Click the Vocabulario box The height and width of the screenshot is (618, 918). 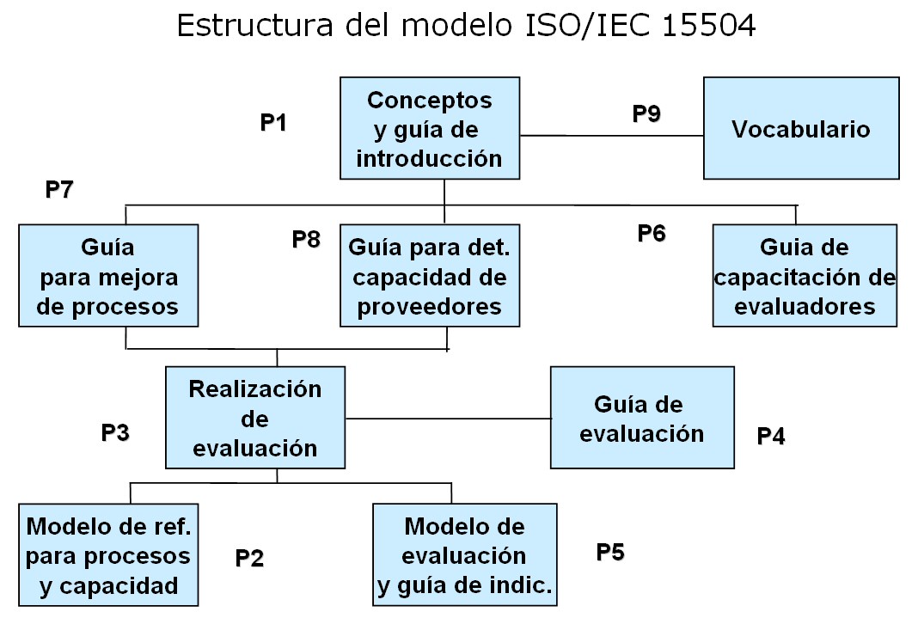coord(801,128)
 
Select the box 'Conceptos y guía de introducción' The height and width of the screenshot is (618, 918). coord(430,128)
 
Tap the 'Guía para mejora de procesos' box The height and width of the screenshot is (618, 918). coord(108,276)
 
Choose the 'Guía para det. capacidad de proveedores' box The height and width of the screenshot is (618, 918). coord(430,276)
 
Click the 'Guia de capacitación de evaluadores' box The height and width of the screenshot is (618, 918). coord(805,276)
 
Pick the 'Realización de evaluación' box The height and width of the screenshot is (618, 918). coord(255,418)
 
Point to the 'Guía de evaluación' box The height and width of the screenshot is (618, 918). coord(642,418)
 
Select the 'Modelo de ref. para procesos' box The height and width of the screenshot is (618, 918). coord(108,554)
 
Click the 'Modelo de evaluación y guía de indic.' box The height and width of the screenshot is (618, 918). coord(465,554)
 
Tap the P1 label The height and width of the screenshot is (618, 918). coord(273,123)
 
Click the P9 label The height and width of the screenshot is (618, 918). coord(646,113)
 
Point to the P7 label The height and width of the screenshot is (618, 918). coord(59,190)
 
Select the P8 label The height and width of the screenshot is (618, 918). coord(306,239)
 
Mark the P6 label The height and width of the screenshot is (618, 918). coord(652,234)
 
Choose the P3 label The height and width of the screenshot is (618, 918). coord(115,432)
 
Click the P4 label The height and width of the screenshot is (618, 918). coord(770,436)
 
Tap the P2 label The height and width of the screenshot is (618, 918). coord(249,559)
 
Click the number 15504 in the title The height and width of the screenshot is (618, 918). coord(709,26)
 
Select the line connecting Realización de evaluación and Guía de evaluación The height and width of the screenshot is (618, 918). coord(448,419)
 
